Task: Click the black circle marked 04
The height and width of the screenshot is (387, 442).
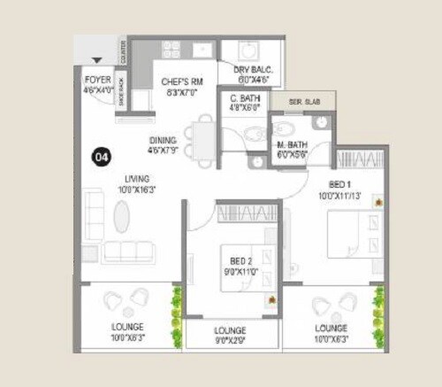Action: click(x=101, y=158)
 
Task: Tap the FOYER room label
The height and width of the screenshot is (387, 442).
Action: click(x=97, y=79)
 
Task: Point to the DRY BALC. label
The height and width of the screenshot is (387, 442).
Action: click(x=253, y=68)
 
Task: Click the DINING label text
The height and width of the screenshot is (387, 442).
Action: click(x=163, y=141)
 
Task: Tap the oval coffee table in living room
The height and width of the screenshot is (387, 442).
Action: click(x=121, y=216)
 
